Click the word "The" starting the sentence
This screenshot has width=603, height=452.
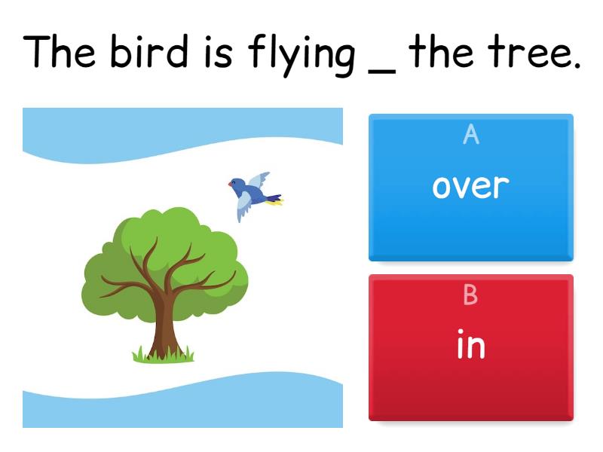tap(60, 51)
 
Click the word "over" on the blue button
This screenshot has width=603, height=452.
tap(470, 186)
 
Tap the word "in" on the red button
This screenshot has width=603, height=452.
tap(470, 345)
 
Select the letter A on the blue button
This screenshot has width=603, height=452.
tap(470, 135)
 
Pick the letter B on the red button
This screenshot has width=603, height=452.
tap(470, 296)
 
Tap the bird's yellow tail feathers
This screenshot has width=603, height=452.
tap(275, 201)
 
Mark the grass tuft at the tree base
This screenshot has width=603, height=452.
tap(163, 353)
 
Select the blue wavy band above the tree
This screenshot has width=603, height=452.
tap(181, 128)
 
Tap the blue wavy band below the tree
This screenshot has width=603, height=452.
tap(181, 407)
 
